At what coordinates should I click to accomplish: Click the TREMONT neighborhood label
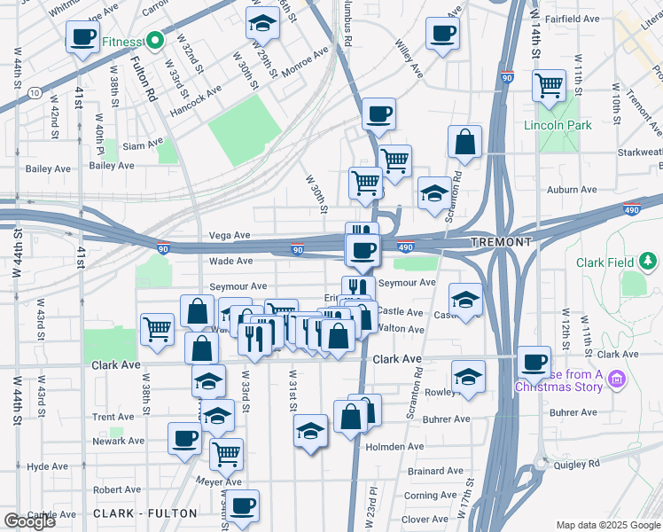[501, 242]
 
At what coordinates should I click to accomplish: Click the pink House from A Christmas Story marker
[618, 379]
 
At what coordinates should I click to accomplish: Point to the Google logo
[29, 521]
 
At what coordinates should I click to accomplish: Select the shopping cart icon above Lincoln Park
[550, 86]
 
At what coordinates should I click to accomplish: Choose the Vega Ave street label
[230, 235]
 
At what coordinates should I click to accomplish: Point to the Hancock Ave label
[195, 90]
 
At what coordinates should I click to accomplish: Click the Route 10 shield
[34, 91]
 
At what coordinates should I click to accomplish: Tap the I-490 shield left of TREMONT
[404, 247]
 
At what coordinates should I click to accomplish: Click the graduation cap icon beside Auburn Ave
[433, 194]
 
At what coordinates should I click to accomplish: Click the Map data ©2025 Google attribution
[608, 525]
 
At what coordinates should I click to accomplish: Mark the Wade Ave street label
[230, 261]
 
